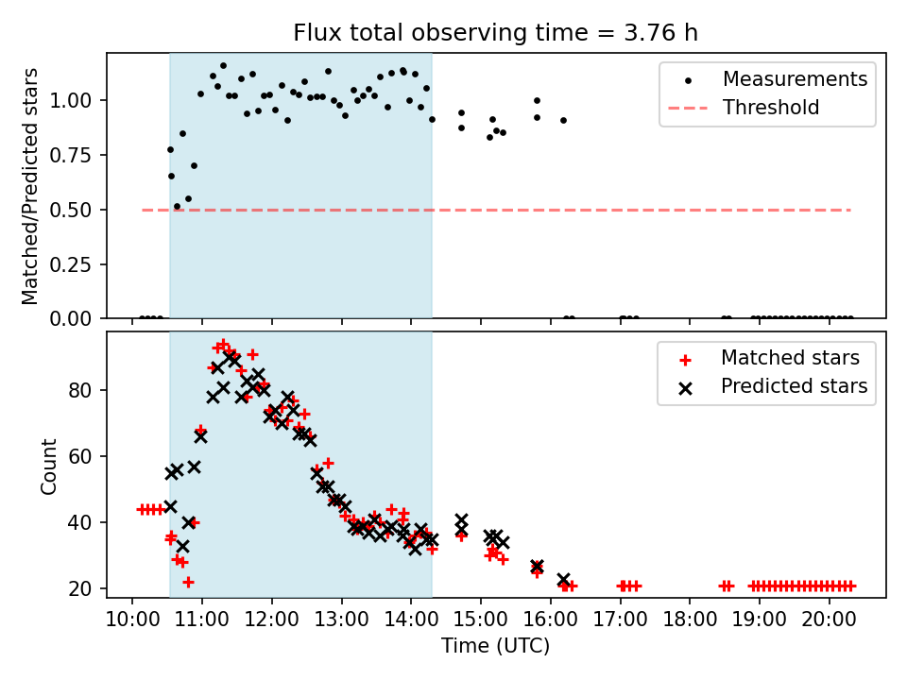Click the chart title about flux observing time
coord(496,33)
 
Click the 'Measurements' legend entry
coord(795,79)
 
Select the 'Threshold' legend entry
coord(771,108)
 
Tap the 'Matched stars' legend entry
coord(790,358)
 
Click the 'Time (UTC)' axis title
coord(495,646)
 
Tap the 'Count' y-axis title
coord(48,466)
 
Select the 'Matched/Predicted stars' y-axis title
coord(30,186)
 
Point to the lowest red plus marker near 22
coord(188,582)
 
